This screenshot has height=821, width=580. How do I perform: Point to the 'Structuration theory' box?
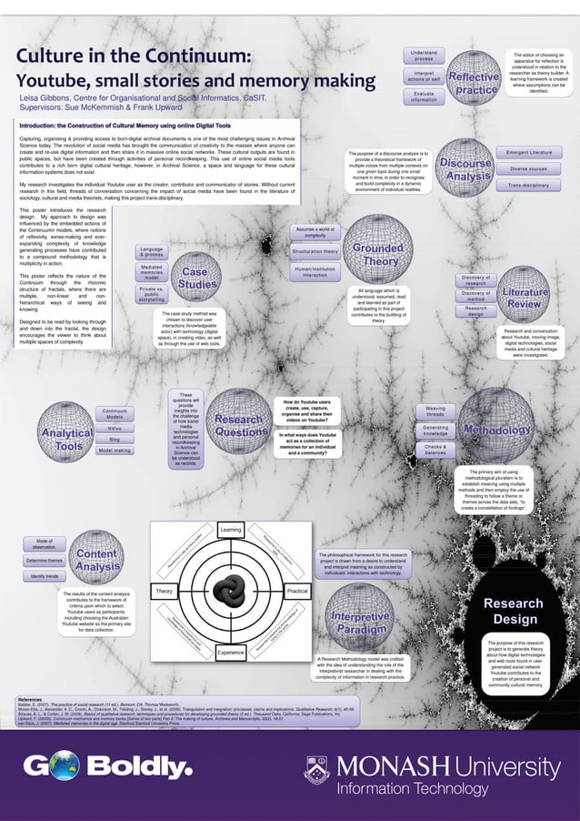[x=315, y=251]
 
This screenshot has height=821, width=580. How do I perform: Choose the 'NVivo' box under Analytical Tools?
[x=115, y=428]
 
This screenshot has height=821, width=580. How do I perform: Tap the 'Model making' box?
[x=115, y=450]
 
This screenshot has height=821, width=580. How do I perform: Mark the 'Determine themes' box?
[x=44, y=561]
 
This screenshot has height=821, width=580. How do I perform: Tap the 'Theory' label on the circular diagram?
[x=165, y=592]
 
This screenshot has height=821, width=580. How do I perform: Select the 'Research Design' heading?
[x=515, y=612]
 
